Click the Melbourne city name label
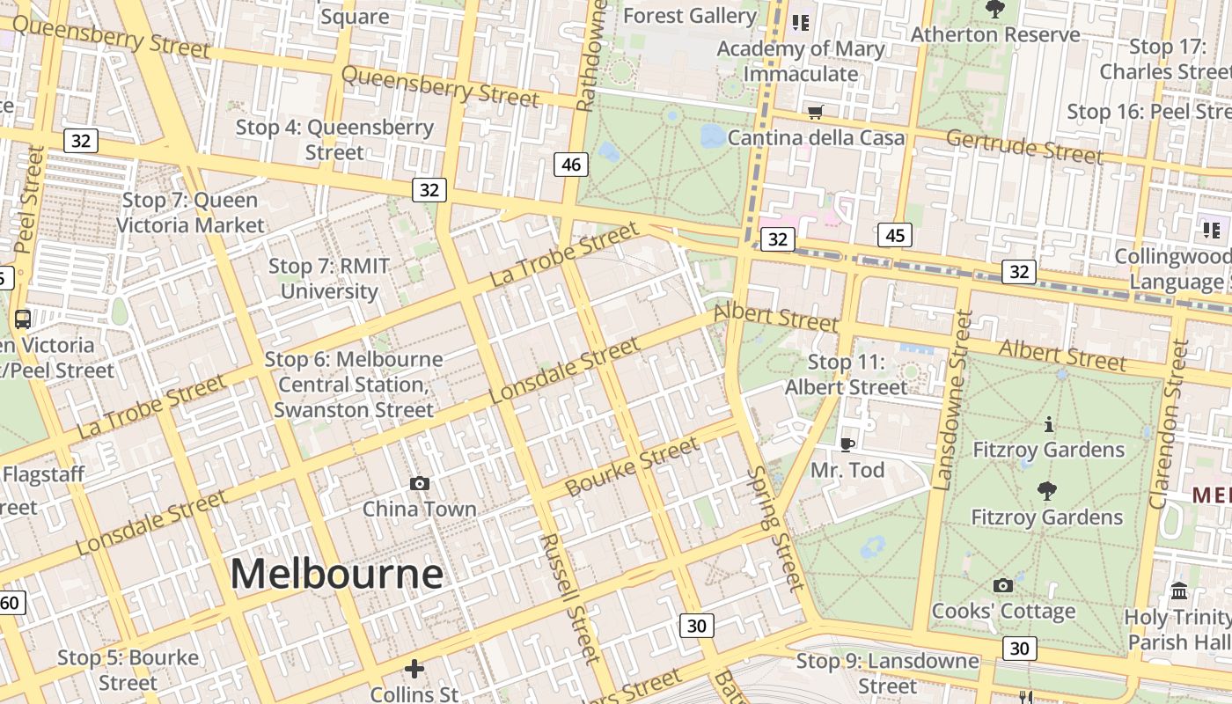[x=336, y=575]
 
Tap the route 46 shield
[x=570, y=164]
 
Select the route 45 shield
[x=895, y=235]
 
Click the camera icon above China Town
[x=420, y=483]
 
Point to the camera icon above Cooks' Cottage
[x=1002, y=585]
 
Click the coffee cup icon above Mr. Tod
[x=847, y=444]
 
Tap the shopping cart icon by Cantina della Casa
[x=816, y=112]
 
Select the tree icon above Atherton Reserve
[x=995, y=10]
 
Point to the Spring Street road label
[x=774, y=528]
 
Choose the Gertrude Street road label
[x=1023, y=146]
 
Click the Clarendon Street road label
[x=1170, y=424]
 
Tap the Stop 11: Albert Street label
[x=846, y=375]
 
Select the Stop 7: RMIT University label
[x=329, y=278]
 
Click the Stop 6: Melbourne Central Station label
[x=354, y=385]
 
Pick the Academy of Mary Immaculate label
[x=801, y=61]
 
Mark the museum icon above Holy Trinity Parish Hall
[x=1179, y=590]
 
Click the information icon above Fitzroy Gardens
[x=1047, y=425]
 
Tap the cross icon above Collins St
[x=414, y=669]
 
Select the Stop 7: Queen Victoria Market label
[x=190, y=212]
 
